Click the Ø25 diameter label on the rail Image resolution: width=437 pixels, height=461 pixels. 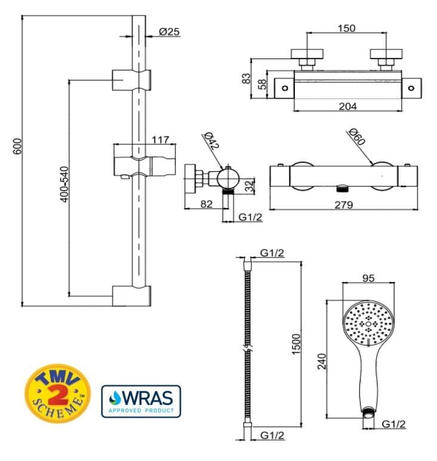[170, 32]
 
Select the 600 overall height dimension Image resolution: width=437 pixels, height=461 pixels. [17, 147]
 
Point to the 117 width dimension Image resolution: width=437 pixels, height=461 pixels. [161, 140]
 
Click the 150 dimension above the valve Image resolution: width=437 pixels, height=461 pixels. [346, 28]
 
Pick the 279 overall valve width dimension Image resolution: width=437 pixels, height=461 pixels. [343, 205]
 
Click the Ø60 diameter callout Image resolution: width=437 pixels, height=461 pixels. [356, 140]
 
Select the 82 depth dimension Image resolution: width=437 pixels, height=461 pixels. [207, 204]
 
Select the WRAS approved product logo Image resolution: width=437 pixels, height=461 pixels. [141, 401]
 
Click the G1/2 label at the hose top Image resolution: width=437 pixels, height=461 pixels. [272, 253]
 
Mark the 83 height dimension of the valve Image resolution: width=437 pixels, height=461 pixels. [245, 78]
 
